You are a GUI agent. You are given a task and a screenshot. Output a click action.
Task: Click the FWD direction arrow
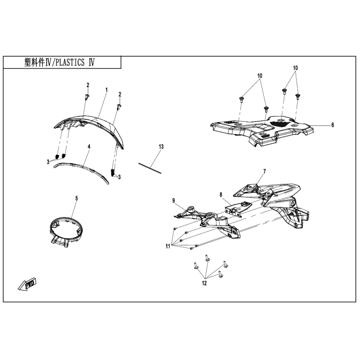[27, 284]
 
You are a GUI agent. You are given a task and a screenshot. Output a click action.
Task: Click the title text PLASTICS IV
[75, 62]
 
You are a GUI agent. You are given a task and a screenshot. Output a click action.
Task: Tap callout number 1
[106, 90]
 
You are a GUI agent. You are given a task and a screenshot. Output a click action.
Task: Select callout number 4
[89, 146]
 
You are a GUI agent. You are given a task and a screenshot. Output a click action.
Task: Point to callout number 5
[77, 198]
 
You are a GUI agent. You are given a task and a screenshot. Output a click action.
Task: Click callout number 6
[333, 125]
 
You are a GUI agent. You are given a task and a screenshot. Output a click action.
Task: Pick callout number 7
[264, 171]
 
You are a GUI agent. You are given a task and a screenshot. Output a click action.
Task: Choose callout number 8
[221, 195]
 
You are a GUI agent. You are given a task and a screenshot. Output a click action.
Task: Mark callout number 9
[174, 201]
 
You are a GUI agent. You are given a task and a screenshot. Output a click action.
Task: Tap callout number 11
[168, 246]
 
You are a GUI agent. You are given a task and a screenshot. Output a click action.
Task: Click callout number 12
[204, 283]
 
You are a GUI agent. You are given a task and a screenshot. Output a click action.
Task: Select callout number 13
[161, 147]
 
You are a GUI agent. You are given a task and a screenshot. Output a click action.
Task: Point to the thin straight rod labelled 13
[150, 168]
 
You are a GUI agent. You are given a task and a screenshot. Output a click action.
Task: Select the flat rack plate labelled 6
[262, 130]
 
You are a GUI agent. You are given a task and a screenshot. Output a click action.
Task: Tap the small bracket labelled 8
[238, 208]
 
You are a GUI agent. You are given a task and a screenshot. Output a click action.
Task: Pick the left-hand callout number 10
[260, 76]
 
